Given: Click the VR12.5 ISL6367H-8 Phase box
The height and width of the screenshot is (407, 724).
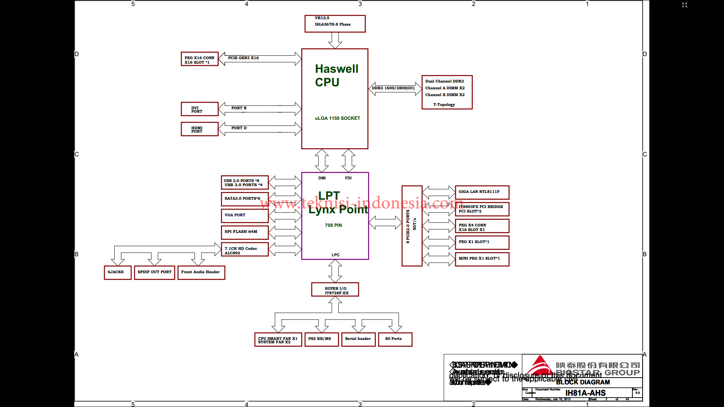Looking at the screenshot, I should (x=335, y=23).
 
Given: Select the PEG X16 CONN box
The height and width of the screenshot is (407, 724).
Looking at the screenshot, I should (x=199, y=59).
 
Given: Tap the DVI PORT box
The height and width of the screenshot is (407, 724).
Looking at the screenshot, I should (x=199, y=109).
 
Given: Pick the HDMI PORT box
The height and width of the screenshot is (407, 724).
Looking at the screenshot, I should (x=199, y=129).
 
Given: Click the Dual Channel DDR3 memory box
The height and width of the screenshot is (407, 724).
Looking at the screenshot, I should (x=447, y=92).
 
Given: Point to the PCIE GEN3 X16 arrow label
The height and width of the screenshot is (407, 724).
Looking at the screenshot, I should (x=243, y=58).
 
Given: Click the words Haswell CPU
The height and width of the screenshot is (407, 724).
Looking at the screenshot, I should (x=336, y=75).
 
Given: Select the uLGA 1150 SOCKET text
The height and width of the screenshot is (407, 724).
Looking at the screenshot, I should (x=337, y=118).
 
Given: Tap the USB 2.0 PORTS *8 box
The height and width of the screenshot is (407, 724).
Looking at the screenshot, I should (x=244, y=183).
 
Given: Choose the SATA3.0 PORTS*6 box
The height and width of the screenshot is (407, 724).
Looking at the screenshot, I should (x=244, y=199).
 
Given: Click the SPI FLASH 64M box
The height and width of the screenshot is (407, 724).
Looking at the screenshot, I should (x=244, y=232).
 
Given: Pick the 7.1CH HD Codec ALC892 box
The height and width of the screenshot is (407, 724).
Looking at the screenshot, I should (x=244, y=250).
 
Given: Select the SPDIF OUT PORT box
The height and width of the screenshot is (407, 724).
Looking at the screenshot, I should (x=155, y=272).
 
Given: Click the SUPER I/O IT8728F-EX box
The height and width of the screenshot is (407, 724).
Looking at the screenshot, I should (x=335, y=290).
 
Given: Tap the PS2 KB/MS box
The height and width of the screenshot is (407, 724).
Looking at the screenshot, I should (x=321, y=339).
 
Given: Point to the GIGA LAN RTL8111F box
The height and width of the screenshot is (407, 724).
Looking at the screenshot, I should (x=482, y=192).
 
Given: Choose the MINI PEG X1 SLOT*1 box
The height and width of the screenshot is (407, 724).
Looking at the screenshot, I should (x=482, y=259).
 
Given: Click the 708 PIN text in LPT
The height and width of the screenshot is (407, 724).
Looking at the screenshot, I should (x=333, y=225).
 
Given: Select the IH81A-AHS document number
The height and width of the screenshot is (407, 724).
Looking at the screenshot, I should (x=585, y=393).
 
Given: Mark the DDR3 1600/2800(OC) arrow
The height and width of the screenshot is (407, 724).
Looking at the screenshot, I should (x=394, y=89).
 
